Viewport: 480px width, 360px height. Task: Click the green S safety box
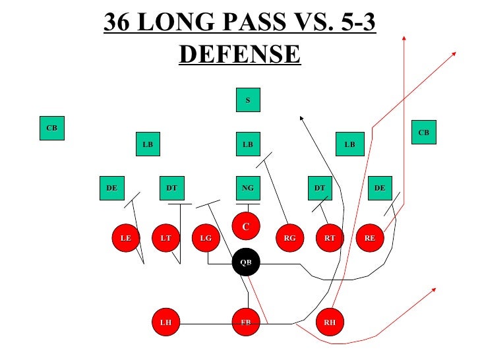click(248, 100)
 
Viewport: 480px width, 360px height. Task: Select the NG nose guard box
click(248, 188)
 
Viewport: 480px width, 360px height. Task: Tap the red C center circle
click(245, 226)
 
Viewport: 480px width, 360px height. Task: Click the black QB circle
click(246, 262)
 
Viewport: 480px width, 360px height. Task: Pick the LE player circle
click(125, 238)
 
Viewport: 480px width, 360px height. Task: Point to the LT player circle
click(165, 238)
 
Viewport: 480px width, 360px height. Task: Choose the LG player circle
click(206, 238)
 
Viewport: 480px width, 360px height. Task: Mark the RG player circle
click(289, 238)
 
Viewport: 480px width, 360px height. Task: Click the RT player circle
click(330, 238)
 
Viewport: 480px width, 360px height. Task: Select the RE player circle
click(370, 238)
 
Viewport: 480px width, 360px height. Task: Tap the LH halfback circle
click(165, 322)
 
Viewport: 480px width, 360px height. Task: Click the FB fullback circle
click(246, 322)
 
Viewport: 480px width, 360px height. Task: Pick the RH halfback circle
click(330, 322)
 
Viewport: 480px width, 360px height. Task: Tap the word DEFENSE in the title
click(239, 53)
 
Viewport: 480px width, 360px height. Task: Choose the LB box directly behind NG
click(248, 144)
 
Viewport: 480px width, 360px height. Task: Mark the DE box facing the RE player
click(380, 188)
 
